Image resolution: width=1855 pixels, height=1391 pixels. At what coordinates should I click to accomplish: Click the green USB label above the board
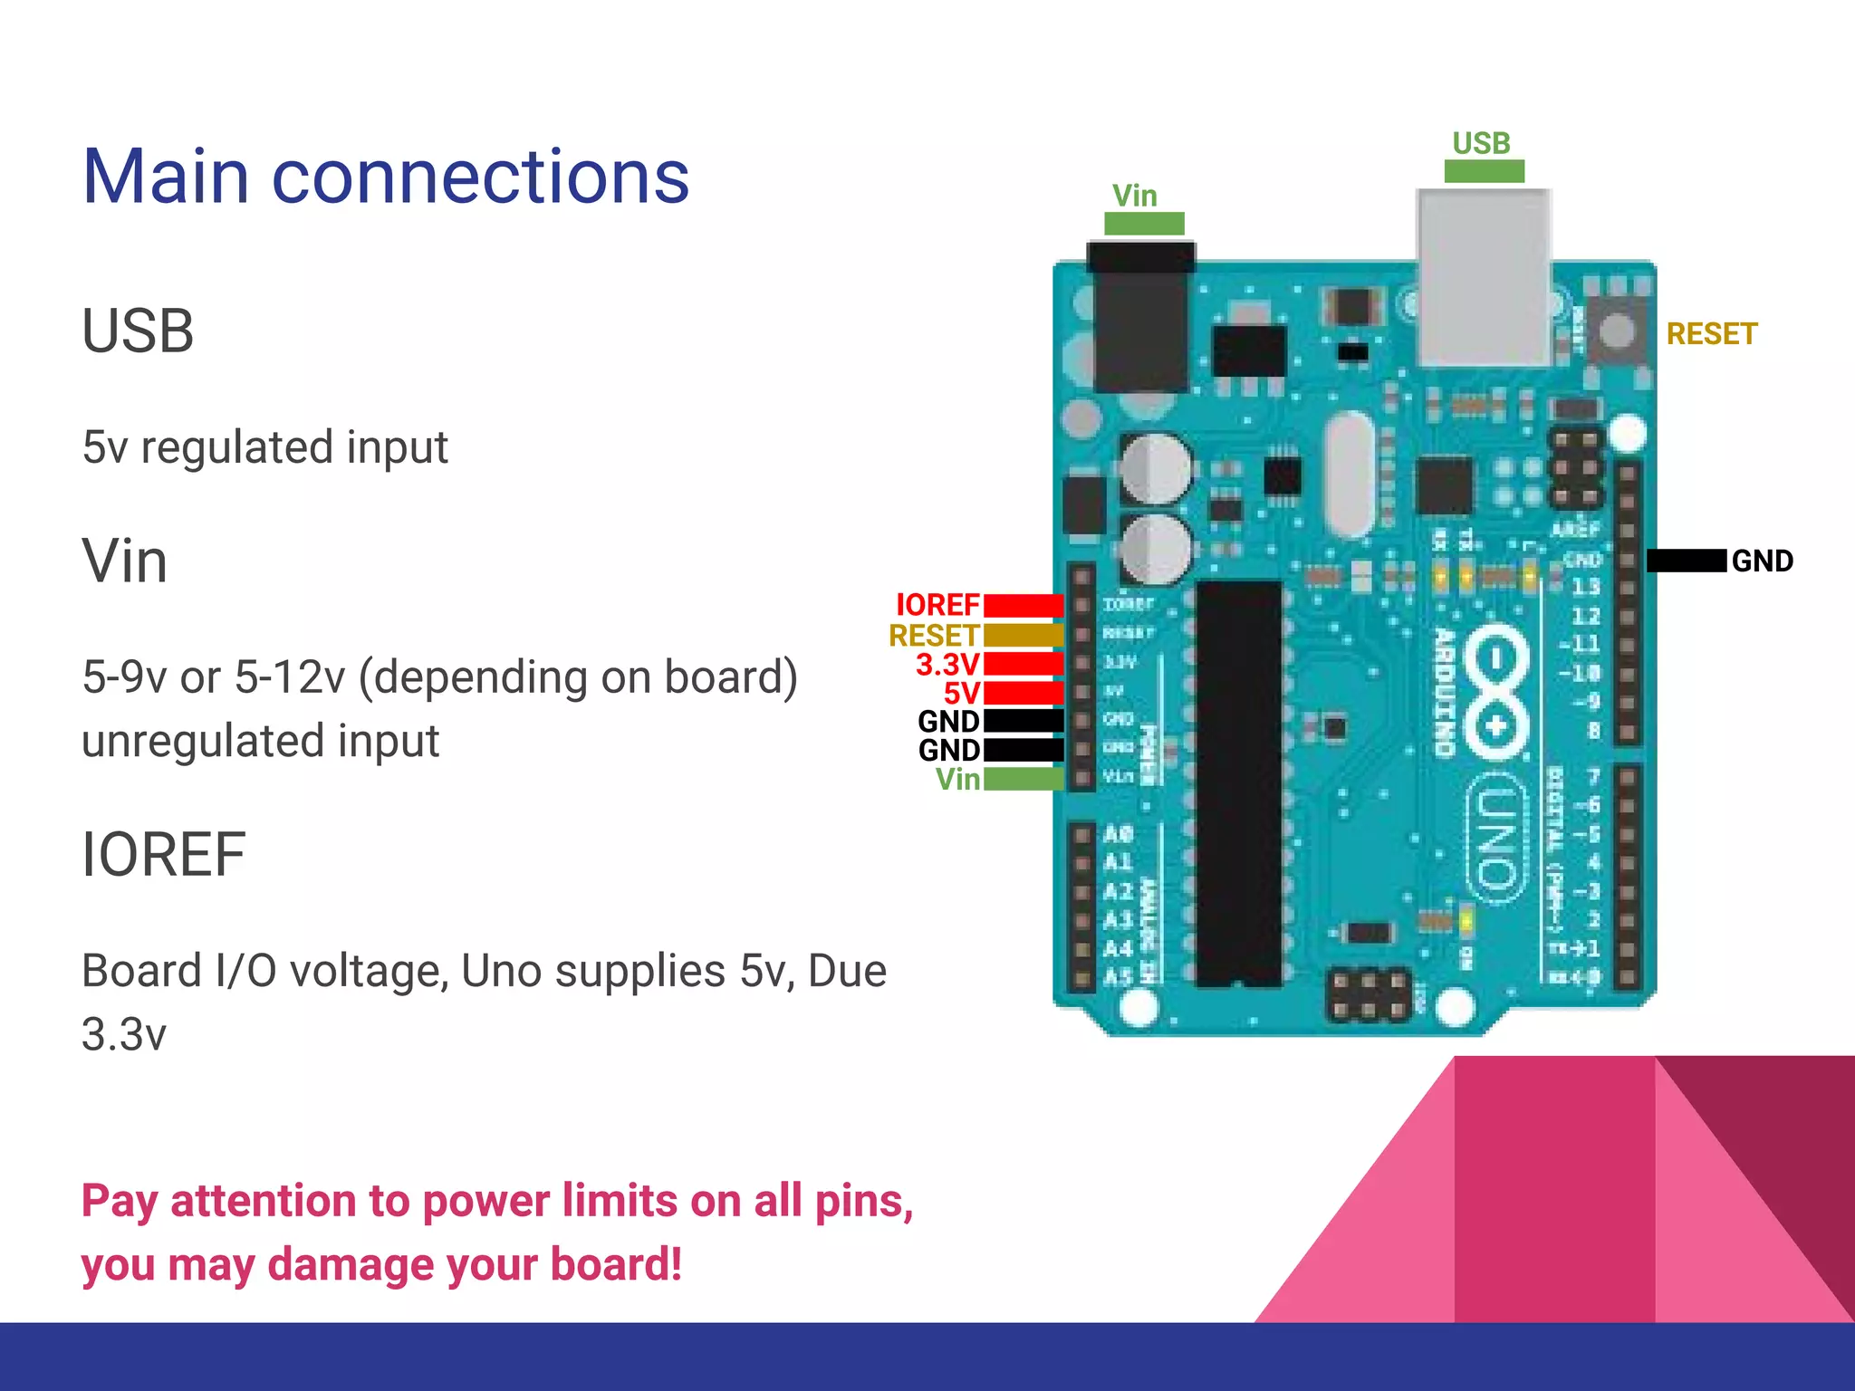point(1481,143)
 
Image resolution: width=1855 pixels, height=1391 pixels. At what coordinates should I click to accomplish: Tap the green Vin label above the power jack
point(1134,196)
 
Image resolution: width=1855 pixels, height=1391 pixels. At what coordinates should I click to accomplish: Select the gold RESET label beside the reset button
point(1711,334)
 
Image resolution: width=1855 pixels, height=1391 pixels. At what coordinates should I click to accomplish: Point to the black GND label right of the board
point(1762,561)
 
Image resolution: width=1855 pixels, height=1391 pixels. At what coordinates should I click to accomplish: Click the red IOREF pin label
point(937,605)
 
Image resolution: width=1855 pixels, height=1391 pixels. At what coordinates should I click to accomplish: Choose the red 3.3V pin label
point(947,665)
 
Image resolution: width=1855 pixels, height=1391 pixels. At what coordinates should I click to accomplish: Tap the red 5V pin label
point(961,694)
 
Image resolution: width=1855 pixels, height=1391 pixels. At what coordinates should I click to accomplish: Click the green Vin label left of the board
point(957,779)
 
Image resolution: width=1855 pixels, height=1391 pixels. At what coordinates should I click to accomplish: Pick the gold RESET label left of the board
point(934,635)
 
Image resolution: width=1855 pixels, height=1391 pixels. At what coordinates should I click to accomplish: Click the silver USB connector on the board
point(1484,276)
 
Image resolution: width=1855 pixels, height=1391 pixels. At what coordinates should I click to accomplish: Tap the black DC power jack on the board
point(1141,317)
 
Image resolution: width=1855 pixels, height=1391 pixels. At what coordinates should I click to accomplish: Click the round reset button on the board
point(1618,331)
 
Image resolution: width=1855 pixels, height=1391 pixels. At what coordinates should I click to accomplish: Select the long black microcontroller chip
point(1238,783)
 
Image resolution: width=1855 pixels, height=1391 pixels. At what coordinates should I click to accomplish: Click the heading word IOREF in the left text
point(163,854)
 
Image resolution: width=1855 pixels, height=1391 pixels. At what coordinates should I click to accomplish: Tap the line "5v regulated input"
point(264,447)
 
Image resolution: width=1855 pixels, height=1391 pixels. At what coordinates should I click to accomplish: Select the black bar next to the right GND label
point(1686,561)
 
